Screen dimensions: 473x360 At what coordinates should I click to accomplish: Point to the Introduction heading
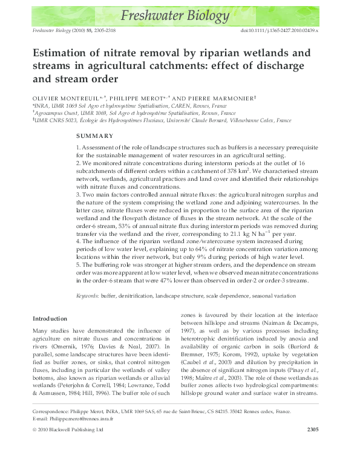point(50,318)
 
